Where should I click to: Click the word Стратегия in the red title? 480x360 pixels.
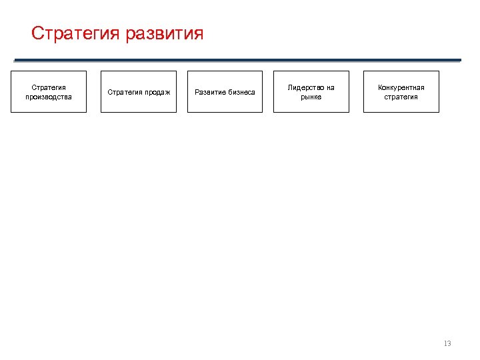75,33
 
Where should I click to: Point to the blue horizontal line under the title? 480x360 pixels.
247,60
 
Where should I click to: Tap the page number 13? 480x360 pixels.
447,343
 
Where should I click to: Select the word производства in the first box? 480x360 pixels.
49,97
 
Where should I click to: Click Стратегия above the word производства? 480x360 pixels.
49,87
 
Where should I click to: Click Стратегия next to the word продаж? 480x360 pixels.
124,92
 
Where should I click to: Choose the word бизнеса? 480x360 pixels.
239,92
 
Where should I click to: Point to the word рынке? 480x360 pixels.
311,97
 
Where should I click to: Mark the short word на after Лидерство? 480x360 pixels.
331,87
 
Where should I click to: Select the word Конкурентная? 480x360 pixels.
401,87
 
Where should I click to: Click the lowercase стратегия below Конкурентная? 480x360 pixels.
401,97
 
